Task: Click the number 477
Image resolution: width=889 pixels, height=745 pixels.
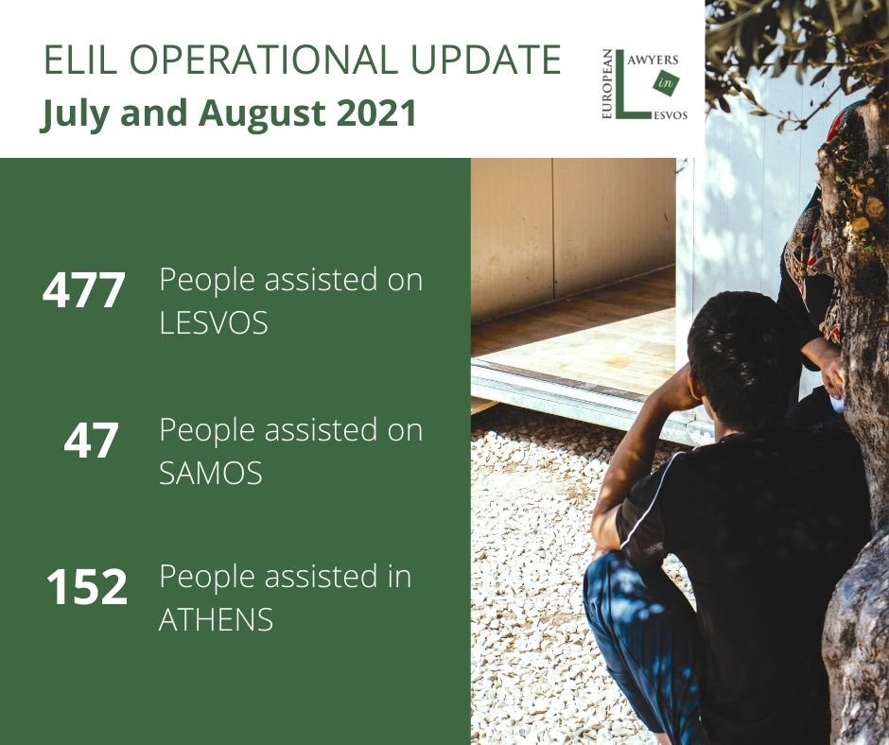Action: point(84,290)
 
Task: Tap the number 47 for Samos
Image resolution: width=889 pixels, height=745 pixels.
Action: point(91,440)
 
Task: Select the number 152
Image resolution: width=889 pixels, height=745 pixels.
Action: point(87,587)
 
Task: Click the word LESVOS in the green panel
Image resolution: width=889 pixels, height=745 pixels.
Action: point(214,322)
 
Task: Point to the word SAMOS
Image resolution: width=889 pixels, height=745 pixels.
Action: point(211,473)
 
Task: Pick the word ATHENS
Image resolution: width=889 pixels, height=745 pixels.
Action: point(216,619)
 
